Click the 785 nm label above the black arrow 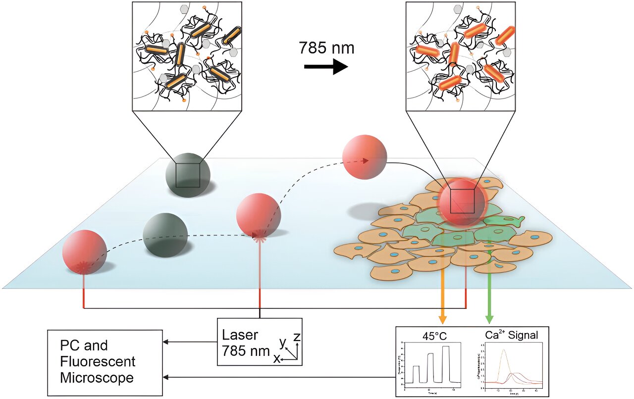click(x=326, y=48)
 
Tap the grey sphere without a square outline click(x=165, y=235)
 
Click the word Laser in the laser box click(x=240, y=335)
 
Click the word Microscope click(x=97, y=378)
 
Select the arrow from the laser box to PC click(x=190, y=342)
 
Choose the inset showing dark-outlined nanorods click(x=187, y=56)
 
